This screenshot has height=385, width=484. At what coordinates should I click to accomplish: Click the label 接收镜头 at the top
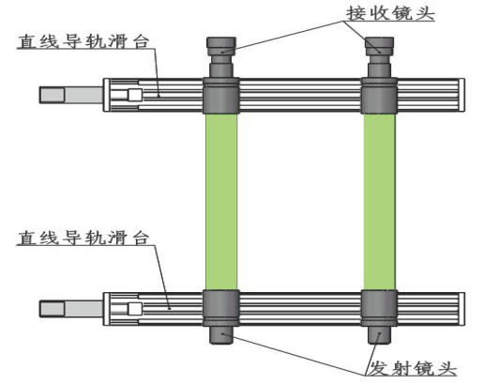(x=390, y=14)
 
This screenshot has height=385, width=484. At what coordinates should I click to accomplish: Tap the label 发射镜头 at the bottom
(x=412, y=368)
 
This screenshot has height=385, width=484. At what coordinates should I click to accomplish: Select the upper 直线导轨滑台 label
(x=83, y=41)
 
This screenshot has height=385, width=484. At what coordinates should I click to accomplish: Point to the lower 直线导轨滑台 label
(x=83, y=238)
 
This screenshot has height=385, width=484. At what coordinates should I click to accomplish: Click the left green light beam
(x=221, y=202)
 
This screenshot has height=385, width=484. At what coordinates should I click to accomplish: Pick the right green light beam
(x=379, y=202)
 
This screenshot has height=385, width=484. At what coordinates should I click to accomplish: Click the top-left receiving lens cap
(x=221, y=46)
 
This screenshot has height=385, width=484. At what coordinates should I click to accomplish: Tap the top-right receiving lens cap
(x=379, y=46)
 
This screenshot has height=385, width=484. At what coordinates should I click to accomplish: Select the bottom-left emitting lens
(x=221, y=335)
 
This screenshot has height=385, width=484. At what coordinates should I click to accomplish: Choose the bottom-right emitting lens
(x=379, y=335)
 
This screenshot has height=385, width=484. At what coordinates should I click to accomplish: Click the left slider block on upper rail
(x=221, y=96)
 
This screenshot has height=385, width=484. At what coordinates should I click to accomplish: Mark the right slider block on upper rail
(x=379, y=96)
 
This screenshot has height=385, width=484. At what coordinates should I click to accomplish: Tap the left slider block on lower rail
(x=221, y=309)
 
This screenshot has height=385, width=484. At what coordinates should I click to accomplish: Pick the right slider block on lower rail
(x=379, y=309)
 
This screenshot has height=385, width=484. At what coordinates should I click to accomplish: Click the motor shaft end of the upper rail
(x=53, y=95)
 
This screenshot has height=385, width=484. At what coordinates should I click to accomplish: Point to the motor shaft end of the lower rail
(x=53, y=309)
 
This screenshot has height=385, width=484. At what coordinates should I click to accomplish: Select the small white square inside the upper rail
(x=135, y=95)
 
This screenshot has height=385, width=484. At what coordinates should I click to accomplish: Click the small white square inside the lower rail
(x=135, y=309)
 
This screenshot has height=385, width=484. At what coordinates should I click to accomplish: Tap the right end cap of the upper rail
(x=461, y=95)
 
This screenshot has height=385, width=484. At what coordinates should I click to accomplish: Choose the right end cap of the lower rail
(x=461, y=309)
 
